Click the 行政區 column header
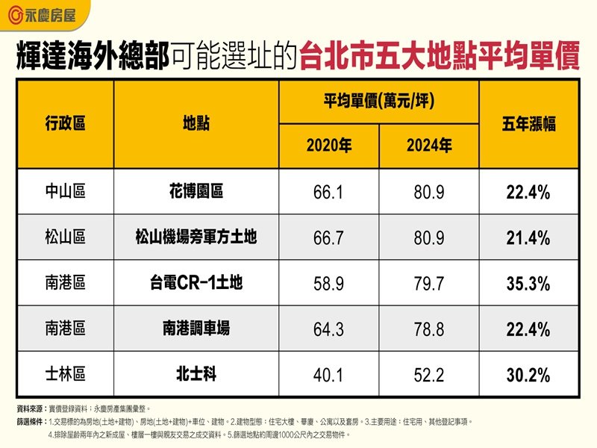click(x=65, y=124)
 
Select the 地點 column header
click(x=196, y=124)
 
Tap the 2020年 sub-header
click(x=329, y=146)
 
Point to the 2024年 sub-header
click(x=429, y=146)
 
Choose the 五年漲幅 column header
click(x=528, y=124)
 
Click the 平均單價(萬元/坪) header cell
click(x=379, y=102)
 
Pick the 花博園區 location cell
click(x=196, y=193)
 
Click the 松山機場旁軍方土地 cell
click(x=196, y=238)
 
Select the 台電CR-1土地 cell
click(x=196, y=284)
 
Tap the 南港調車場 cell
click(x=196, y=329)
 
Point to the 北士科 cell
click(x=196, y=373)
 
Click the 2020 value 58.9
click(x=329, y=284)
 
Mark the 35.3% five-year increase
click(x=528, y=284)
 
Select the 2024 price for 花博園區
click(x=429, y=193)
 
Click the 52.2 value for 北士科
click(x=429, y=373)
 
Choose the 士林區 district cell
click(x=65, y=373)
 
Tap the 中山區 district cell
click(x=65, y=193)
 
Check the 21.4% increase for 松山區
click(x=528, y=238)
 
